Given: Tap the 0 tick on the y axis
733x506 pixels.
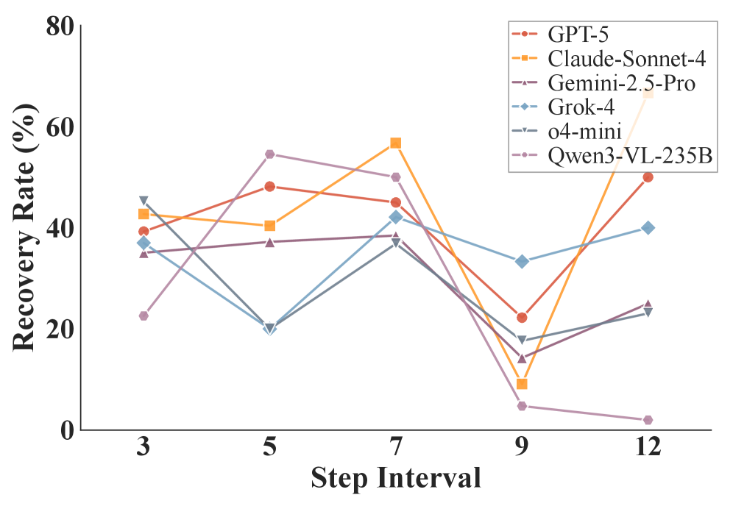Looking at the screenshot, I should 66,430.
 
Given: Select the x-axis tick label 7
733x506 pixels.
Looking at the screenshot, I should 396,448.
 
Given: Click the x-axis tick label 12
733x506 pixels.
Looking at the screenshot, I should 648,448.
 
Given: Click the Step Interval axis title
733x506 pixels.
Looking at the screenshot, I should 396,478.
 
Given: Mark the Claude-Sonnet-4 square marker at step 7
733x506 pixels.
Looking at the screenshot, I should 396,143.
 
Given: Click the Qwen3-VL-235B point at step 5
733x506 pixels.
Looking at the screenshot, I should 270,154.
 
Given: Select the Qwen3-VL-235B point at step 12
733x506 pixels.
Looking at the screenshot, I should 648,420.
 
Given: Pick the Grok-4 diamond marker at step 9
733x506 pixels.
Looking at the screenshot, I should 522,261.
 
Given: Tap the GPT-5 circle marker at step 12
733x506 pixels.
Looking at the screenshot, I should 648,177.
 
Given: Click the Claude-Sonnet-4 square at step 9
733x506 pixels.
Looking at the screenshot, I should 522,384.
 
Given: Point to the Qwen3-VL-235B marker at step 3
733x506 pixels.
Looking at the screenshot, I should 144,316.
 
